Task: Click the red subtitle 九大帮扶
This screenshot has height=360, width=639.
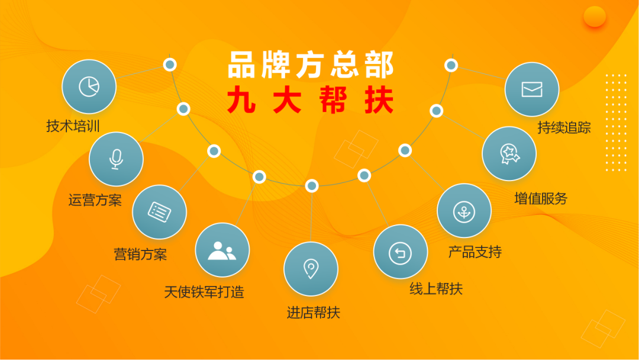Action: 311,99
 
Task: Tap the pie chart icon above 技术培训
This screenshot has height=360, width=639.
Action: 89,86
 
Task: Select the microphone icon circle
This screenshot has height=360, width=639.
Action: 116,159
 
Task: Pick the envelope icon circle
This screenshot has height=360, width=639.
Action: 531,89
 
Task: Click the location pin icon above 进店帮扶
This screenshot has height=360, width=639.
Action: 311,269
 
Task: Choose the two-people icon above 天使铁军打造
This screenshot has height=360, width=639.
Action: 222,250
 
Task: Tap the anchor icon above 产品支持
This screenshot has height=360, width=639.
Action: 463,211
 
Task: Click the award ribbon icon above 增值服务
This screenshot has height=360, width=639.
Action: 509,153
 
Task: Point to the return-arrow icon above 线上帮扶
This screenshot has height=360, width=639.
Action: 400,253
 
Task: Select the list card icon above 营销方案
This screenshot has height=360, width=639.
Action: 159,212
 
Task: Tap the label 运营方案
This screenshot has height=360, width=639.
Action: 95,200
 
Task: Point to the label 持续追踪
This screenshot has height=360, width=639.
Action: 564,127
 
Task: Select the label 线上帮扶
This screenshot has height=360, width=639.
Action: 436,288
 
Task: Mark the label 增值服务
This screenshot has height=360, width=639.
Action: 540,198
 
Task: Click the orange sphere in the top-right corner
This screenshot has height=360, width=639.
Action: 594,17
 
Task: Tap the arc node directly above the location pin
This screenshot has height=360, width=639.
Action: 312,186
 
